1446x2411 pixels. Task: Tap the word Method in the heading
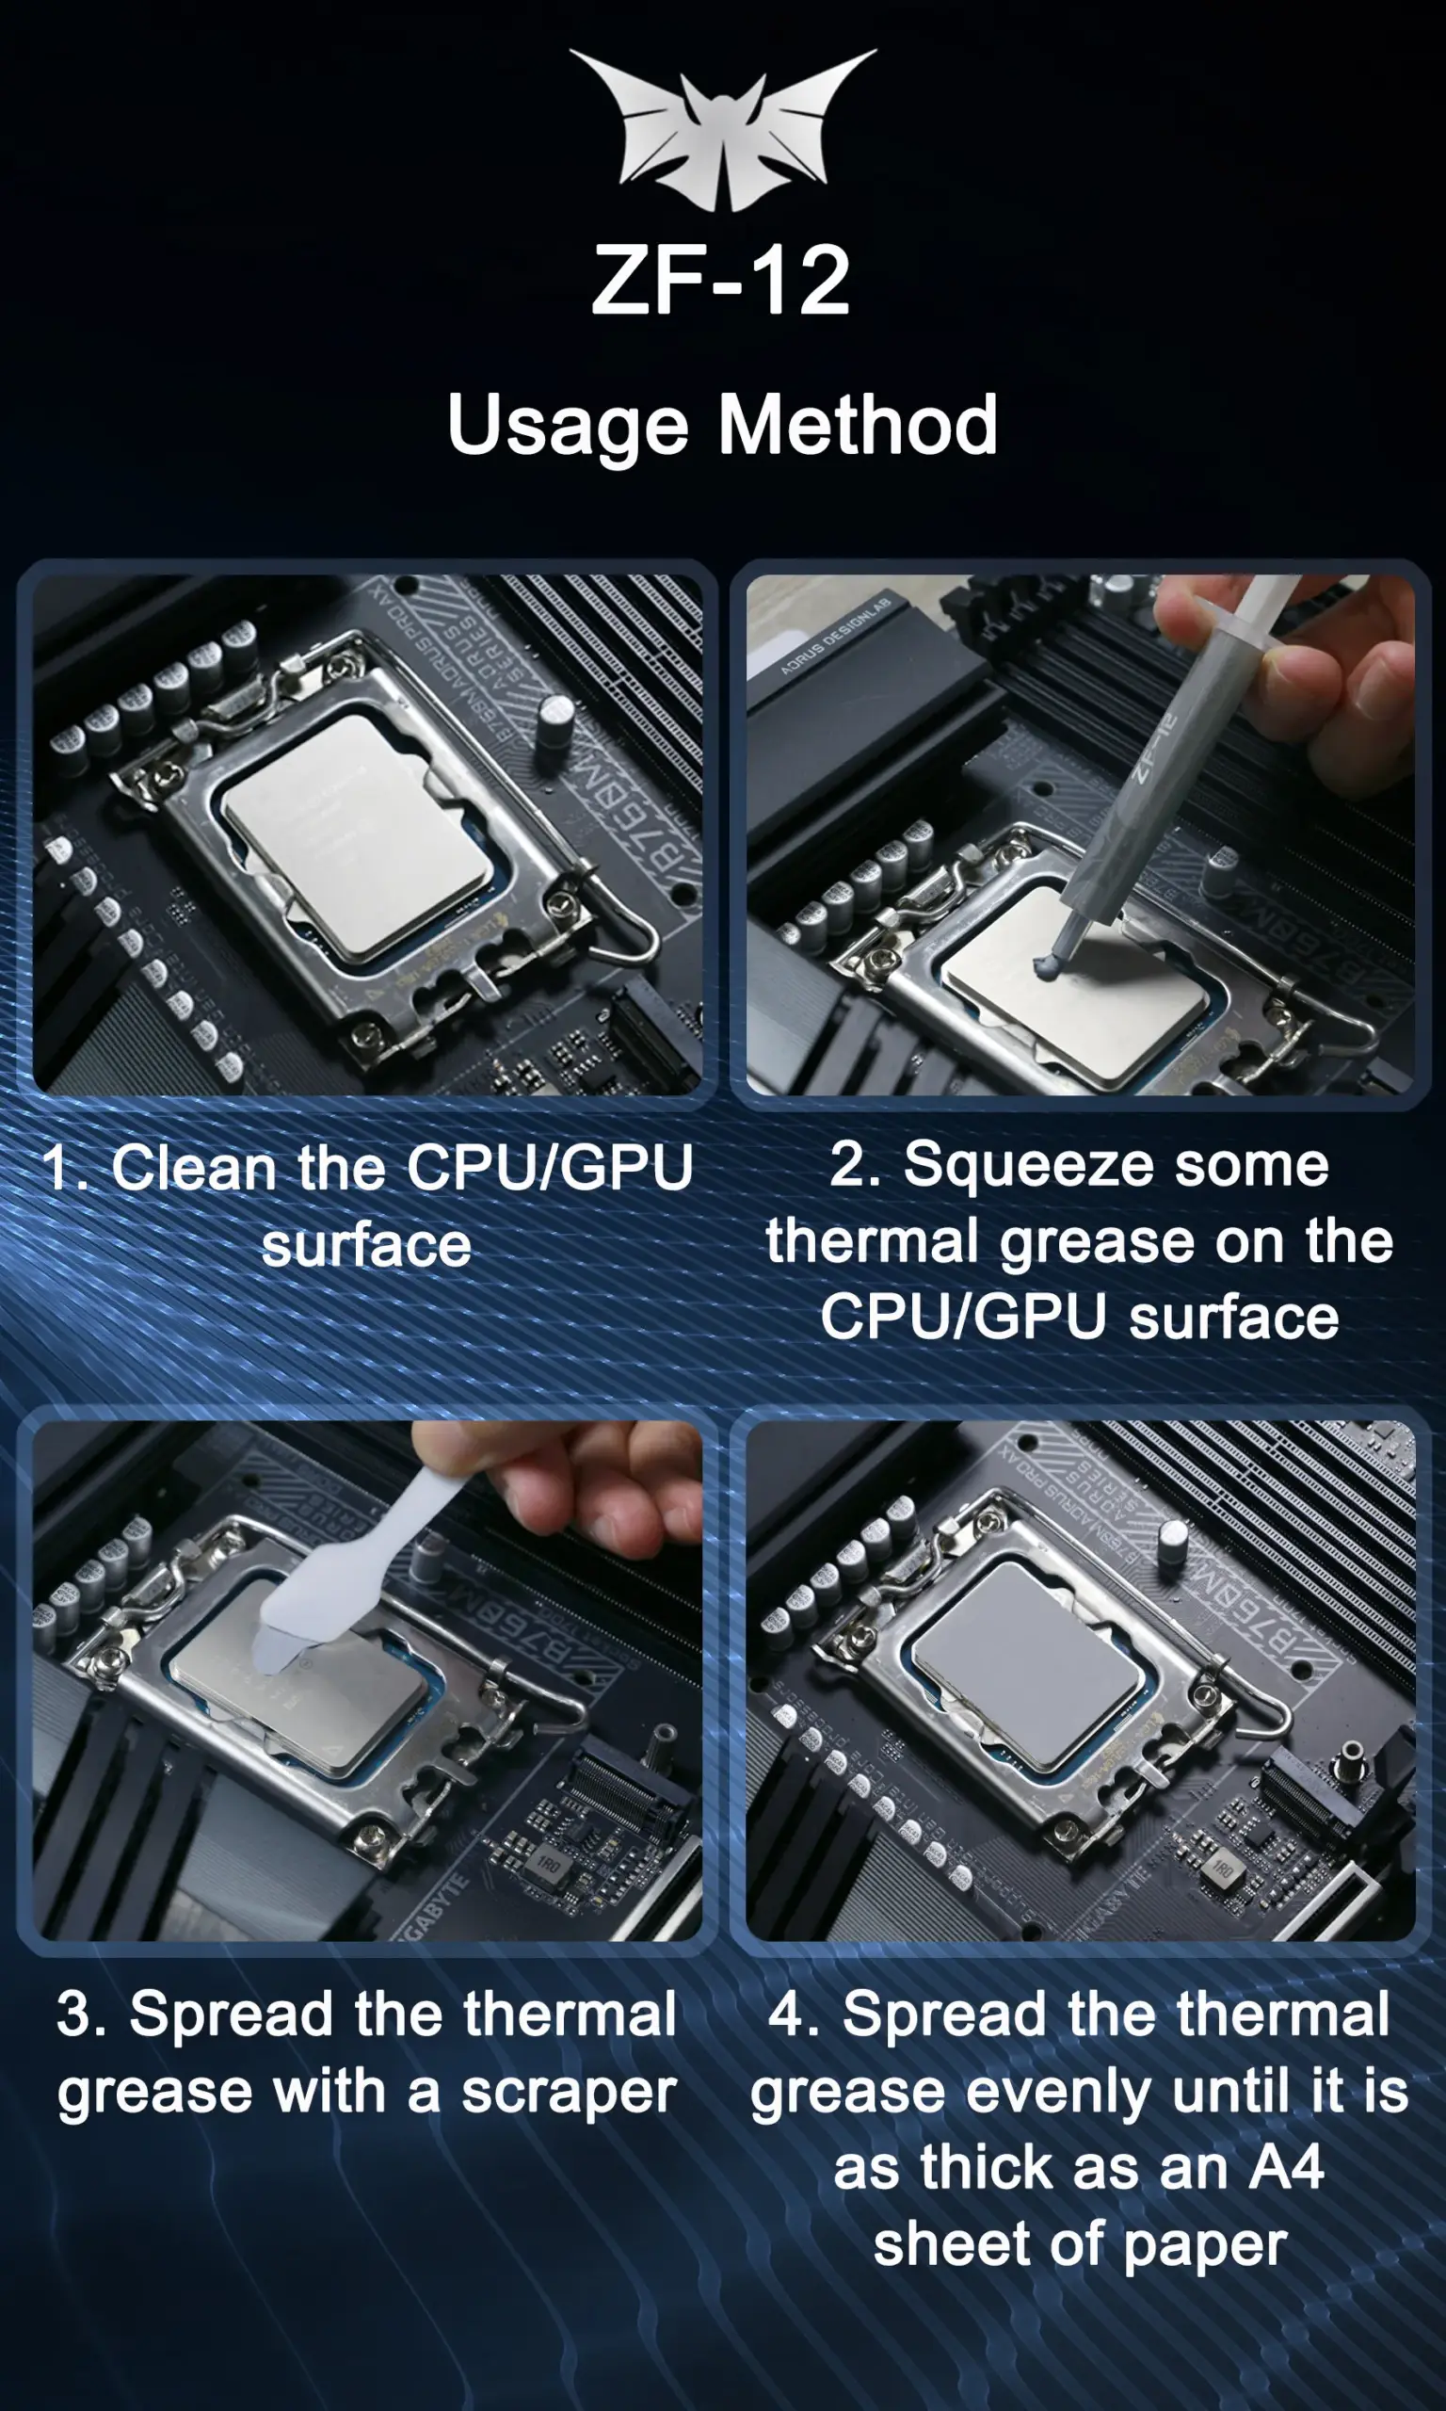point(858,425)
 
